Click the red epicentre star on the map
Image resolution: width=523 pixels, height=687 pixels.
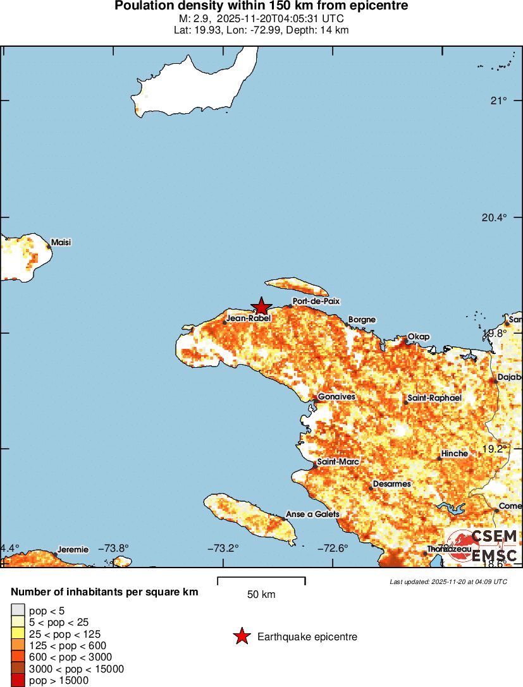click(261, 307)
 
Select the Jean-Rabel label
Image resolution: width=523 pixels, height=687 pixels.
click(249, 319)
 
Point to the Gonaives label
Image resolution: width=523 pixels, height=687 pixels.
click(336, 396)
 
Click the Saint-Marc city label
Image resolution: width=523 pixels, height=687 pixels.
click(338, 462)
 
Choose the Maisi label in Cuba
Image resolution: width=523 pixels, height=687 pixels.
click(61, 242)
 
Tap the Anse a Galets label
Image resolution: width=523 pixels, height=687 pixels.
click(312, 514)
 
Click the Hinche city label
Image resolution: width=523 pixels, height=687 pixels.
click(455, 453)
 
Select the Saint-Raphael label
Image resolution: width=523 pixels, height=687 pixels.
click(434, 398)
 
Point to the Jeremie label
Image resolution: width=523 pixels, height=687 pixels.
click(73, 549)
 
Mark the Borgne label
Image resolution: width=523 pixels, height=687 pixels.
click(362, 320)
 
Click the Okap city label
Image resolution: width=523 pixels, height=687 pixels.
click(419, 336)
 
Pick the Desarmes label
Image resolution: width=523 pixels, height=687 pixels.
click(392, 483)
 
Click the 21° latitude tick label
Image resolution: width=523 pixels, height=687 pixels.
click(500, 101)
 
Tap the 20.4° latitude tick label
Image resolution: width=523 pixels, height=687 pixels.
click(495, 217)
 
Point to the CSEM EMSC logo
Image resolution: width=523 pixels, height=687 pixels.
click(484, 546)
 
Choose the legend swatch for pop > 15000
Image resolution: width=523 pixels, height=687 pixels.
click(18, 681)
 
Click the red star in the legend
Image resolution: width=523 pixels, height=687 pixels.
click(242, 637)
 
